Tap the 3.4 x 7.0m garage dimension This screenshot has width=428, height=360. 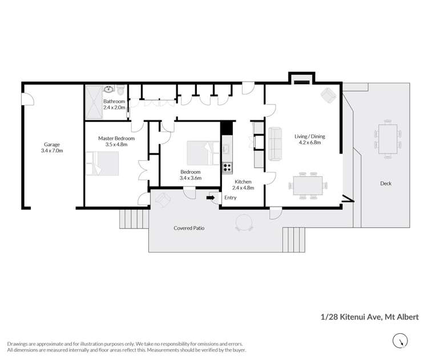pyautogui.click(x=52, y=151)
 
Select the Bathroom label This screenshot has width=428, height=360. pyautogui.click(x=114, y=101)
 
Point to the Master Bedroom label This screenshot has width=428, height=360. pyautogui.click(x=116, y=138)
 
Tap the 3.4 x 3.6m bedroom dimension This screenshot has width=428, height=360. pyautogui.click(x=190, y=178)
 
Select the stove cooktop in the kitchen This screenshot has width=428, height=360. pyautogui.click(x=227, y=167)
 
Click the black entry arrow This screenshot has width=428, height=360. pyautogui.click(x=211, y=198)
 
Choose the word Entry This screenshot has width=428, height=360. pyautogui.click(x=230, y=198)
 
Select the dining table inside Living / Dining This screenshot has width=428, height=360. pyautogui.click(x=309, y=185)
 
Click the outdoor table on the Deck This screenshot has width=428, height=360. pyautogui.click(x=388, y=140)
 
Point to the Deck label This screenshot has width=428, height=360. pyautogui.click(x=386, y=183)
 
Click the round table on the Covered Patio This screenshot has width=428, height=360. pyautogui.click(x=244, y=223)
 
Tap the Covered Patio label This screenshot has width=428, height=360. pyautogui.click(x=189, y=228)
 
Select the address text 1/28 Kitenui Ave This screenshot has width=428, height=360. pyautogui.click(x=348, y=316)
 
